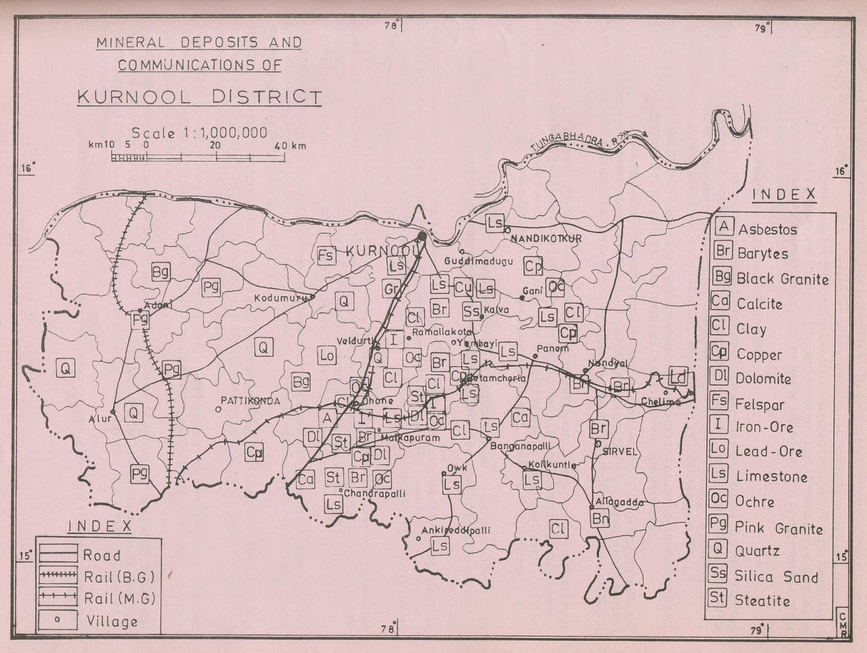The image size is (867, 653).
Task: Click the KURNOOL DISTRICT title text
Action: (199, 98)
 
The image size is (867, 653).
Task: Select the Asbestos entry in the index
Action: (767, 229)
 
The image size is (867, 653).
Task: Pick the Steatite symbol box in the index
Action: (717, 598)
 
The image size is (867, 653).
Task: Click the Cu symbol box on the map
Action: (462, 287)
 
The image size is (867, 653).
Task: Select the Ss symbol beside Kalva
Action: (471, 311)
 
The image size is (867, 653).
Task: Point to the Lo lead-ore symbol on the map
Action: (327, 355)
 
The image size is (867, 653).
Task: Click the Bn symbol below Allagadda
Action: (600, 519)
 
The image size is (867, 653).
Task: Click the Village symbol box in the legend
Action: (57, 620)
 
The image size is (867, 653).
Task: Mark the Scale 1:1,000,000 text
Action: (199, 133)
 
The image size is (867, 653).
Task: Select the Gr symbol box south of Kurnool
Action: (391, 290)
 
